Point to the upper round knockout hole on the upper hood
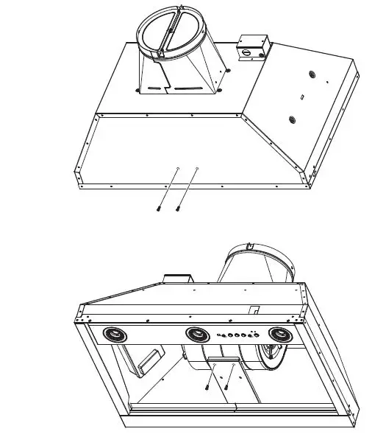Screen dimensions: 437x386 tap(311, 75)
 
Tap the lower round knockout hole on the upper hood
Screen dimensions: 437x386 tap(293, 120)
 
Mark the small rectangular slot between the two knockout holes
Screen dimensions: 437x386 tap(302, 97)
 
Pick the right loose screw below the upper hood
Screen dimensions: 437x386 tap(178, 209)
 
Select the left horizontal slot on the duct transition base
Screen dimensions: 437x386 tap(152, 92)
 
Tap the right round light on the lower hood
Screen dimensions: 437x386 tap(279, 335)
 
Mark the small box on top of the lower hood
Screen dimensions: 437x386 tap(176, 279)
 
